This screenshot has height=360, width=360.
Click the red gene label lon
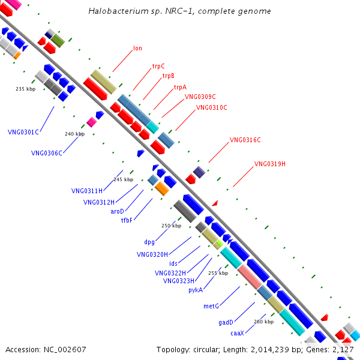point(137,48)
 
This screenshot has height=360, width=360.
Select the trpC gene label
point(158,66)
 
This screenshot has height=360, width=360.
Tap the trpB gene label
point(169,76)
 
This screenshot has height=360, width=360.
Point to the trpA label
point(180,87)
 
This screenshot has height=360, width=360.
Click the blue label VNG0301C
point(23,132)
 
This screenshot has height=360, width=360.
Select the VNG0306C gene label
point(47,153)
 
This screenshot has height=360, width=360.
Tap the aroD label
point(117,211)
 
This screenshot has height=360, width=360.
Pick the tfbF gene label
point(127,220)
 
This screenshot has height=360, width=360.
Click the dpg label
point(149,242)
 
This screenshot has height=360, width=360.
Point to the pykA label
point(196,290)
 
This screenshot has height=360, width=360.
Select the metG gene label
point(211,306)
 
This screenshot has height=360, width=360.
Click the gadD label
point(226,322)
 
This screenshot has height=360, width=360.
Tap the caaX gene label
point(237,333)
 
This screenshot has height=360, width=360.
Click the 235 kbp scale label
point(26,89)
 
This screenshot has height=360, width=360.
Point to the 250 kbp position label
point(171,226)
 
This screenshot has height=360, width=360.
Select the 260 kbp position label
point(263,322)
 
